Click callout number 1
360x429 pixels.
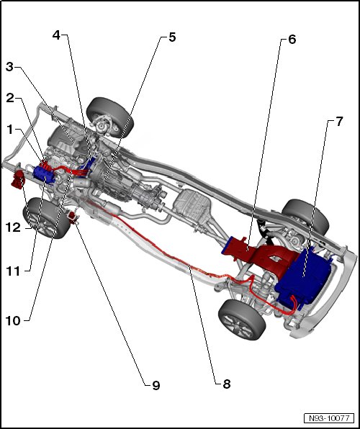click(10, 130)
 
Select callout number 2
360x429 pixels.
click(10, 98)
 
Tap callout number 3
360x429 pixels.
click(9, 67)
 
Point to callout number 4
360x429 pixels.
click(56, 35)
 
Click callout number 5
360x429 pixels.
click(172, 37)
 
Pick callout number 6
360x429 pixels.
click(292, 40)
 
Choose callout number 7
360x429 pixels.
click(339, 122)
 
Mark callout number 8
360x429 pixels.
click(227, 384)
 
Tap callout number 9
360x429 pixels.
click(156, 386)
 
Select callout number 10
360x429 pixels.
click(13, 320)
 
